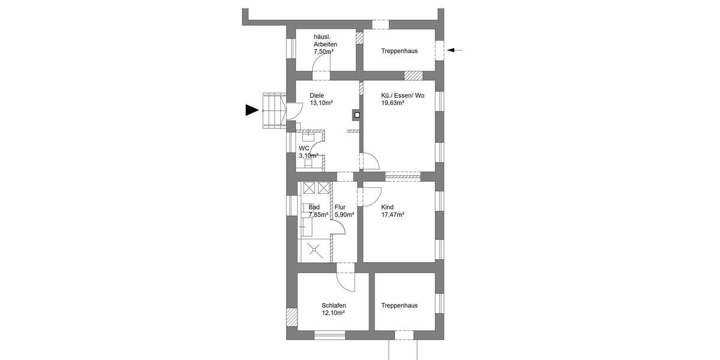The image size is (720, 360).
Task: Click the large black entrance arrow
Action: pyautogui.click(x=253, y=110)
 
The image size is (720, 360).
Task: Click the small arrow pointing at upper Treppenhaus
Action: pyautogui.click(x=455, y=50)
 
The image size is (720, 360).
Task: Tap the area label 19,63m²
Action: pyautogui.click(x=393, y=103)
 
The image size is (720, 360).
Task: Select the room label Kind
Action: pyautogui.click(x=388, y=207)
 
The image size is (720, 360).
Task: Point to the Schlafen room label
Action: pyautogui.click(x=334, y=305)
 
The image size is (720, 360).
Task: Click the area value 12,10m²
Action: pyautogui.click(x=333, y=313)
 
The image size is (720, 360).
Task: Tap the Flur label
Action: pyautogui.click(x=340, y=207)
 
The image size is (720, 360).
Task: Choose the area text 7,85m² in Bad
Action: pyautogui.click(x=318, y=214)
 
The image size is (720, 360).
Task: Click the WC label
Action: pyautogui.click(x=304, y=148)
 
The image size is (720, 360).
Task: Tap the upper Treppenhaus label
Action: pyautogui.click(x=399, y=51)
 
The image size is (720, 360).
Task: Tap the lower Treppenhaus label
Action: pyautogui.click(x=399, y=305)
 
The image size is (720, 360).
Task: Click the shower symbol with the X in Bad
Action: pyautogui.click(x=313, y=251)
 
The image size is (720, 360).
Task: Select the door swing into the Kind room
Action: pyautogui.click(x=370, y=195)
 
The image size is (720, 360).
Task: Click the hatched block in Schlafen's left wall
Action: pyautogui.click(x=292, y=316)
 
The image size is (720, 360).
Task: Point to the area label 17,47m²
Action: pyautogui.click(x=393, y=214)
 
